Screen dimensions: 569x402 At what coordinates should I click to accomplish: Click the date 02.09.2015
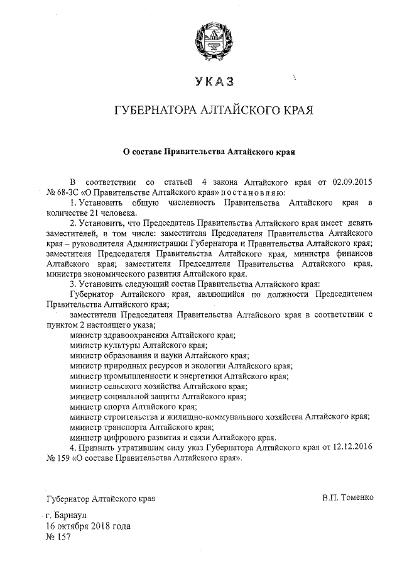pos(351,182)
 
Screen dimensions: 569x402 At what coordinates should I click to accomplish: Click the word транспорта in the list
pos(124,426)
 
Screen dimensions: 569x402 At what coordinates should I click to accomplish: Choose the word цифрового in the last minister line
pos(124,437)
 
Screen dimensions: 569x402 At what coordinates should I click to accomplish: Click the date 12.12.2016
pos(352,447)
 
